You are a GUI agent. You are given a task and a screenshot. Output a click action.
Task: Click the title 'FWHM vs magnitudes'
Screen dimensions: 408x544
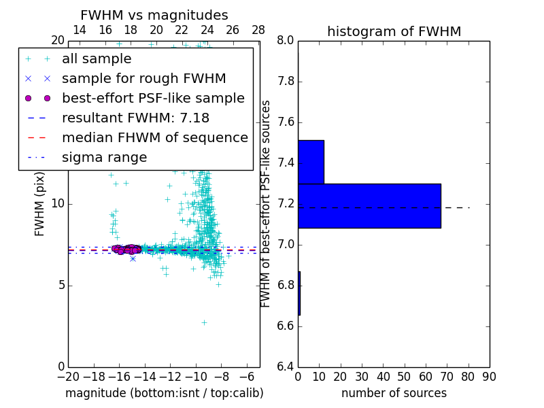[154, 15]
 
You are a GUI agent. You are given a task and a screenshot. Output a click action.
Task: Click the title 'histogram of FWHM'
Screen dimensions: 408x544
[394, 31]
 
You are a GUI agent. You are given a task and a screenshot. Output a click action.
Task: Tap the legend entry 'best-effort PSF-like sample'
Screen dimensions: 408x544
[153, 99]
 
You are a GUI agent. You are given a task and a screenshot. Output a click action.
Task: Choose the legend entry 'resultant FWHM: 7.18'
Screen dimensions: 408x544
[135, 118]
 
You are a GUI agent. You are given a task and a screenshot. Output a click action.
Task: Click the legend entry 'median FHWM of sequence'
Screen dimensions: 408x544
[154, 137]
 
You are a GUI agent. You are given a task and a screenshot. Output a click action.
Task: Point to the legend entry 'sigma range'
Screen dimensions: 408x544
[104, 157]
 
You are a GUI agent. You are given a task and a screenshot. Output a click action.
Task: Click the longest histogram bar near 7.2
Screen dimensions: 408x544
[369, 206]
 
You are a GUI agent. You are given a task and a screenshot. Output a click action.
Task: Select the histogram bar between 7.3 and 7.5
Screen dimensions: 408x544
[311, 162]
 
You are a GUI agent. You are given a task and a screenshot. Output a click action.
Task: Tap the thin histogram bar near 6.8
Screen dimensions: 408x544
[299, 293]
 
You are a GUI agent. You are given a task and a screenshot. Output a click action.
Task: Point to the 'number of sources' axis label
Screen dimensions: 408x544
[394, 393]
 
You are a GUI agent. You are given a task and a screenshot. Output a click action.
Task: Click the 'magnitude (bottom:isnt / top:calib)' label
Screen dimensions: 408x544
[164, 393]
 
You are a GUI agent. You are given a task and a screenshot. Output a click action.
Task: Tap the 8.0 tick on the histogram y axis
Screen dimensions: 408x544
[285, 41]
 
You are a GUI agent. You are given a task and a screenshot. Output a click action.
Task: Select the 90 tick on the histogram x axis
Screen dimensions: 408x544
[489, 377]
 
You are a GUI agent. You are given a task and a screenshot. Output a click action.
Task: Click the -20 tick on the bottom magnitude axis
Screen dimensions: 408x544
[68, 377]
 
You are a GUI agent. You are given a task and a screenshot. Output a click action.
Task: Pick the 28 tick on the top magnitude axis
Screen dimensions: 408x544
[258, 30]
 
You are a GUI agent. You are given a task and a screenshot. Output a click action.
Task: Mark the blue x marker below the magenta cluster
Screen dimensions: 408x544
[133, 258]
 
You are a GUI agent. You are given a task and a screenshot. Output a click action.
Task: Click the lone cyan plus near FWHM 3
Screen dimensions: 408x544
[203, 322]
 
